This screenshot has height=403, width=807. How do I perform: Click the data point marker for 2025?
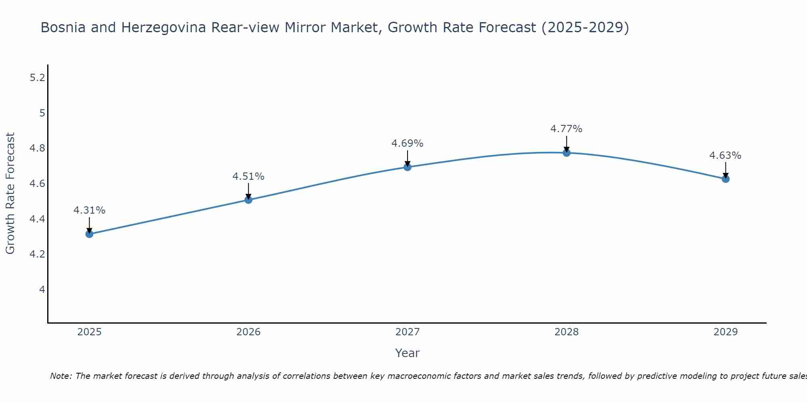pyautogui.click(x=89, y=234)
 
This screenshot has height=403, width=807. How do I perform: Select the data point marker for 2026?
pyautogui.click(x=248, y=199)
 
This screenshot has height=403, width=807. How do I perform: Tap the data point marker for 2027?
pyautogui.click(x=407, y=167)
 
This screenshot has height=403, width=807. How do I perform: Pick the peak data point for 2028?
pyautogui.click(x=566, y=152)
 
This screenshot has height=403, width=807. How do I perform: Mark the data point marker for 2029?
pyautogui.click(x=725, y=179)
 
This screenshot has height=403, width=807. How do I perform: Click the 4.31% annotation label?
pyautogui.click(x=89, y=210)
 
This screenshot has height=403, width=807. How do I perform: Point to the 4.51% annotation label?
pyautogui.click(x=248, y=177)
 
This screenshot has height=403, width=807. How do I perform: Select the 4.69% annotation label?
pyautogui.click(x=407, y=143)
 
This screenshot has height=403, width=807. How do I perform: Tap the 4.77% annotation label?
pyautogui.click(x=566, y=129)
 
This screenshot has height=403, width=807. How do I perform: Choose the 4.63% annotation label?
pyautogui.click(x=725, y=156)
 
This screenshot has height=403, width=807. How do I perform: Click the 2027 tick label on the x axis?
pyautogui.click(x=407, y=332)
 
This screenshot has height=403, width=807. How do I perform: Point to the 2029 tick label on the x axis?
pyautogui.click(x=725, y=332)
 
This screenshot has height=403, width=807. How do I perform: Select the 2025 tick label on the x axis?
pyautogui.click(x=89, y=332)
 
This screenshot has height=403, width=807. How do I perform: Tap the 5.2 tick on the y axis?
pyautogui.click(x=37, y=78)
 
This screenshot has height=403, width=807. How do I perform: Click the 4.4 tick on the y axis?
pyautogui.click(x=37, y=219)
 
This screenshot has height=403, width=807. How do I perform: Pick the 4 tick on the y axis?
pyautogui.click(x=42, y=290)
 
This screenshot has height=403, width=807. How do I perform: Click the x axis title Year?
pyautogui.click(x=407, y=353)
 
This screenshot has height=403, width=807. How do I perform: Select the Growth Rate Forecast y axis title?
pyautogui.click(x=10, y=193)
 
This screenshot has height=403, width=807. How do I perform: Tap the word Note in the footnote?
pyautogui.click(x=61, y=376)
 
